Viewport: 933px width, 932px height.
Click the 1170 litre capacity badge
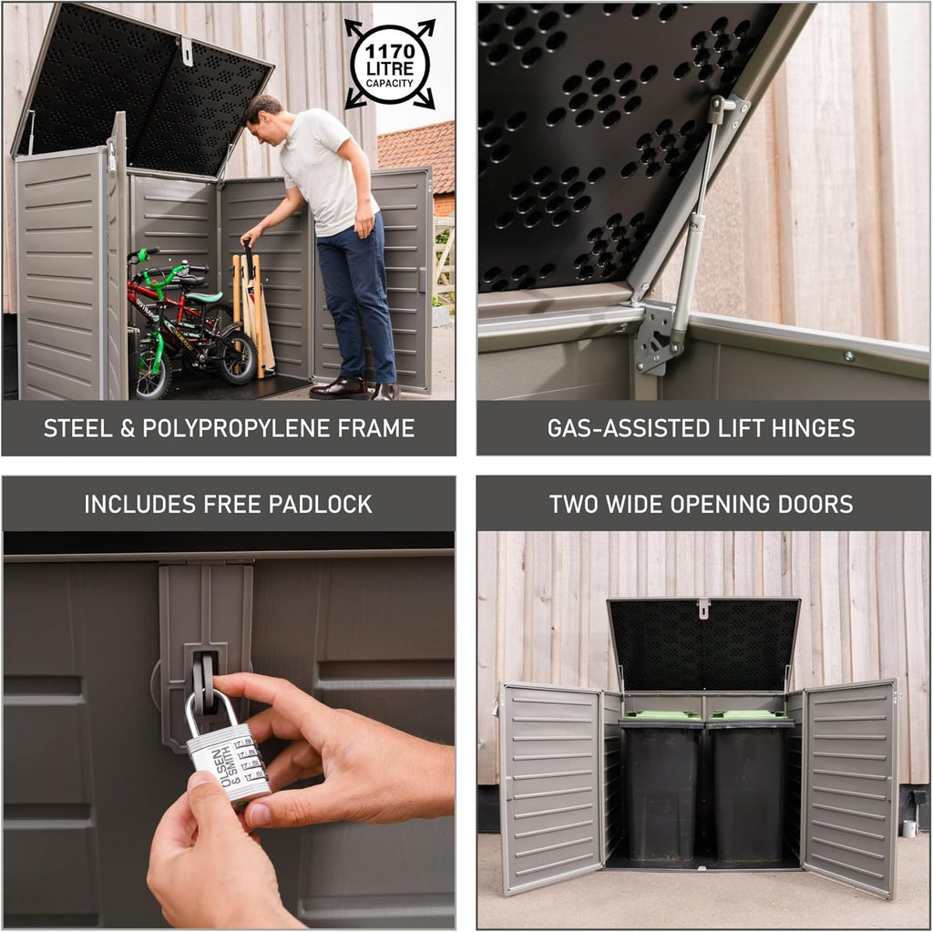click(389, 65)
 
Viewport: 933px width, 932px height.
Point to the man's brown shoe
click(338, 389)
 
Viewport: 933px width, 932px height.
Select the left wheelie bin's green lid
click(661, 717)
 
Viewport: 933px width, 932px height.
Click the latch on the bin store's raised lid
click(702, 608)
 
